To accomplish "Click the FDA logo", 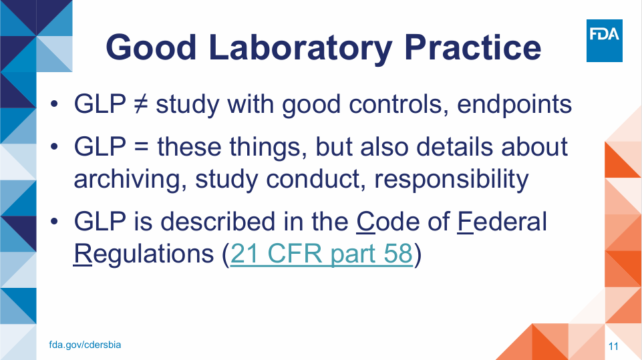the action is coord(605,41).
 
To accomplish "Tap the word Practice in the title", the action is coord(473,47).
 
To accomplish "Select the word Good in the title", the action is coord(152,47).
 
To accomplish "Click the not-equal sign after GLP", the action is coord(141,104).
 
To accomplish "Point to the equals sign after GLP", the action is coord(141,147).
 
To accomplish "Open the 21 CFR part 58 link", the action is coord(321,254).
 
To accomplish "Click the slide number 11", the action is coord(613,347).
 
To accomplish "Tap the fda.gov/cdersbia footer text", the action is coord(85,345).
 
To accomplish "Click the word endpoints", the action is coord(514,104).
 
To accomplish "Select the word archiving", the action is coord(126,180).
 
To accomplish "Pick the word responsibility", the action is coord(452,180).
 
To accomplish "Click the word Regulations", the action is coord(144,254).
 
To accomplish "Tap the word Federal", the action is coord(502,222).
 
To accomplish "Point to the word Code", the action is coord(388,222).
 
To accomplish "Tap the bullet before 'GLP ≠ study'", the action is coord(54,104).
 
